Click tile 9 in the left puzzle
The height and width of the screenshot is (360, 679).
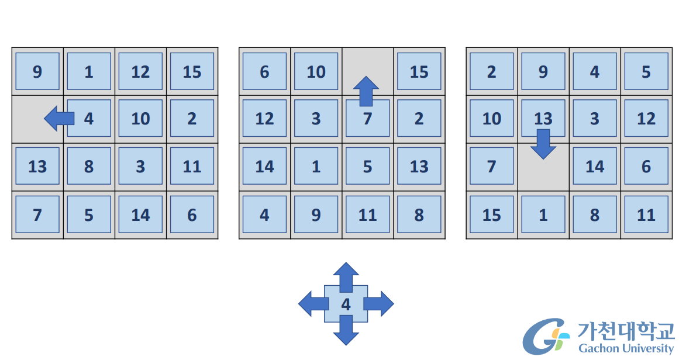point(37,71)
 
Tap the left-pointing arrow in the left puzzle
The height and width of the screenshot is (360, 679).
point(58,119)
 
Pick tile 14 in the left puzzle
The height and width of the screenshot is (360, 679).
point(140,214)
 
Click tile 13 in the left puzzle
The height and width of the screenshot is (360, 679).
point(37,167)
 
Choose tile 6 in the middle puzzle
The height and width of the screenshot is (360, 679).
point(264,71)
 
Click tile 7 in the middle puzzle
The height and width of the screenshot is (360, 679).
point(367,123)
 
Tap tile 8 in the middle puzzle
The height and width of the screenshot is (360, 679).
point(419,214)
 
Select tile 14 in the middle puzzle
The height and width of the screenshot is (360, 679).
point(264,167)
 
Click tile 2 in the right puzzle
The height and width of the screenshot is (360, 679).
point(491,71)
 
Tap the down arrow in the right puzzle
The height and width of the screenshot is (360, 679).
point(543,144)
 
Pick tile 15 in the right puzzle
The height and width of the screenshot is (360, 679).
point(491,214)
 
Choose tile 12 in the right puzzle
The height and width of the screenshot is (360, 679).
point(646,119)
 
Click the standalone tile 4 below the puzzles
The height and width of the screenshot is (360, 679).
point(346,304)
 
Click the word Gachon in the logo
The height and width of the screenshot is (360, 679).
point(597,348)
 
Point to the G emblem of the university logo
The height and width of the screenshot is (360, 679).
point(544,337)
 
